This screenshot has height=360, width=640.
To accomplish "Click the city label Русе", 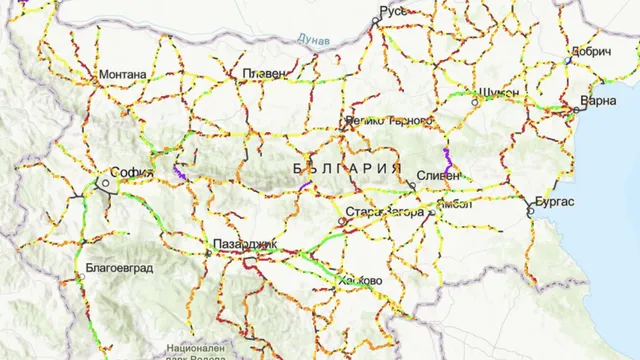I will pos(392,12).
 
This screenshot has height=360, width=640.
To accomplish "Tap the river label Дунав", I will pos(314,38).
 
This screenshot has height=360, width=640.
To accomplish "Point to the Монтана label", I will pos(122,74).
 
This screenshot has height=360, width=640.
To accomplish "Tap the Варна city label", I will pos(599,102).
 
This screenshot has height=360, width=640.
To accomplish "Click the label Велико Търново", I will pos(388,121).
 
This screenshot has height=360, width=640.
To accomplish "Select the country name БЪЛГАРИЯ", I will pos(348,167).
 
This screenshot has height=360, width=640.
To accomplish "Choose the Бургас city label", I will pos(554,201).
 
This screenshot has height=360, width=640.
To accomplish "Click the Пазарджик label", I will pos(244,245).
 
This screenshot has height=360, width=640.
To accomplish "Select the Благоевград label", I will pos(111,268).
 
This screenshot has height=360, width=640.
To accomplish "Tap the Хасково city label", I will pos(361,281).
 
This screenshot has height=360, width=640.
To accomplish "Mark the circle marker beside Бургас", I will pos(528,211).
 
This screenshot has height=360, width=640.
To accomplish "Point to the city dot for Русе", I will pos(374,20).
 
